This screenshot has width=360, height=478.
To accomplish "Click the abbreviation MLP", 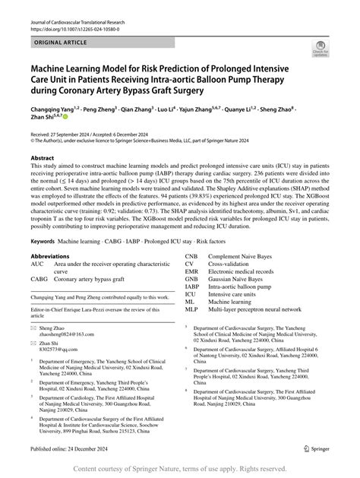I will (191, 309).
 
